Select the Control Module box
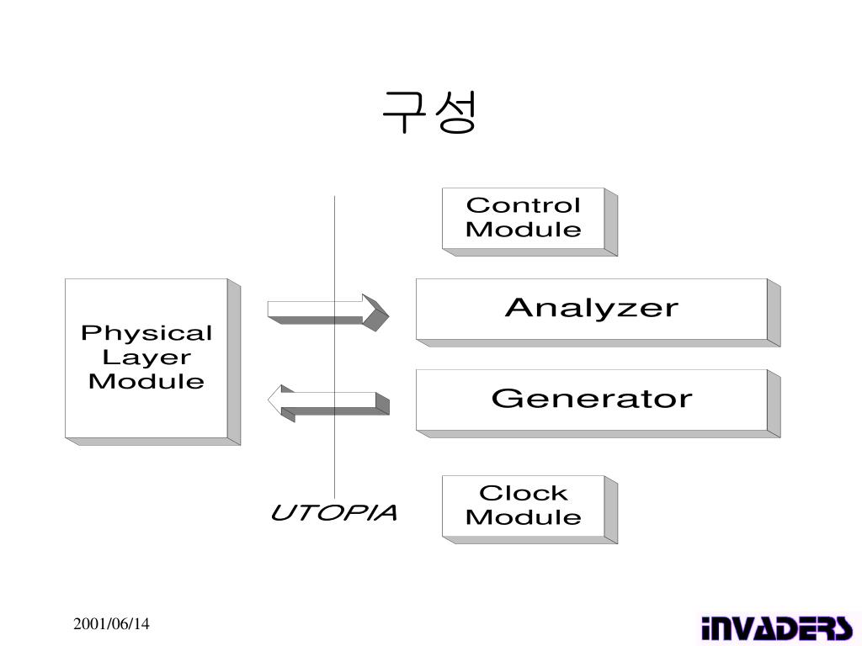click(524, 218)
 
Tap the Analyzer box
click(591, 309)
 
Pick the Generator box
click(591, 399)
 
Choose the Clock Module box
click(524, 505)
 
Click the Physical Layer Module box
click(146, 357)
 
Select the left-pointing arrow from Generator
click(328, 401)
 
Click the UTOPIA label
click(333, 513)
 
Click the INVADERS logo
click(775, 627)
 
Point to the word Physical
click(146, 334)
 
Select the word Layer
click(146, 357)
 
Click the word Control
click(524, 205)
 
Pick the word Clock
click(524, 493)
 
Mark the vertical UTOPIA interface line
click(334, 252)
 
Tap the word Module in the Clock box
click(524, 516)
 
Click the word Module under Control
click(524, 230)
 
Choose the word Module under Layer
click(146, 381)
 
